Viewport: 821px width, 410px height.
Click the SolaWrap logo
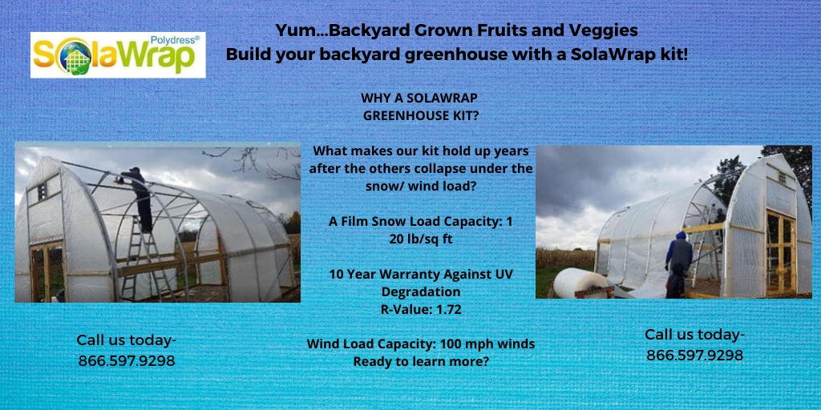(117, 54)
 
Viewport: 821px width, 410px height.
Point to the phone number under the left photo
(127, 361)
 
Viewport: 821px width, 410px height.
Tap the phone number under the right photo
(694, 355)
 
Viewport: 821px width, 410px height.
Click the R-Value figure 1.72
(446, 309)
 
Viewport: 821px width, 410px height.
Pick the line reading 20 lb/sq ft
(420, 239)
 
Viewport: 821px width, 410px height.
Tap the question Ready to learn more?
(421, 361)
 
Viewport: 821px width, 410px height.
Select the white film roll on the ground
(579, 282)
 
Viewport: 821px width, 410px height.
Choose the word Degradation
(421, 291)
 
